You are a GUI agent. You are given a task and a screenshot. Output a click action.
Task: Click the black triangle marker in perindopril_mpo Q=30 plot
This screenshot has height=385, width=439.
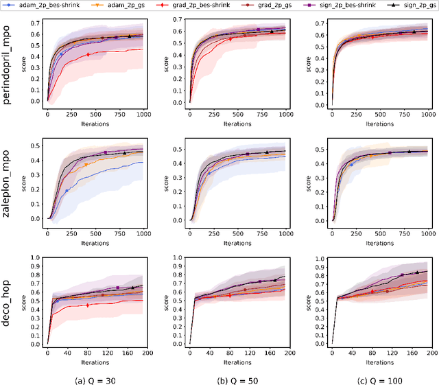pos(129,36)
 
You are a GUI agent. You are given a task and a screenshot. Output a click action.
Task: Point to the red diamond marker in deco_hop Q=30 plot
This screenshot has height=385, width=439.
pos(87,305)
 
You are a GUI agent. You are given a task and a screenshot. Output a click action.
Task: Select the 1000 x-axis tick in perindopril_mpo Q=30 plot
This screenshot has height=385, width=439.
pos(143,115)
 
